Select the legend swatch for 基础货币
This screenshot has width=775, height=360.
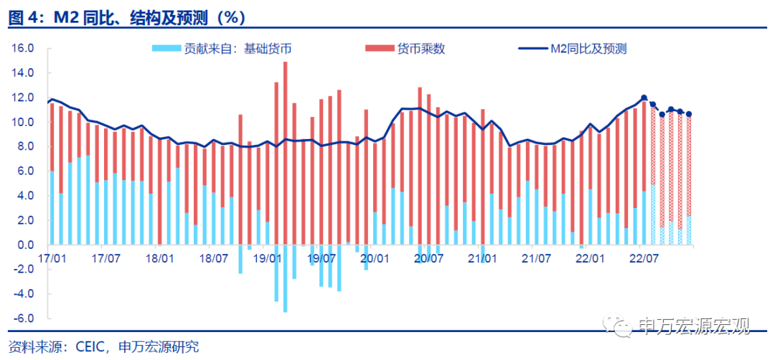(x=166, y=49)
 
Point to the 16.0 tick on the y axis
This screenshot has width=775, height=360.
(x=24, y=49)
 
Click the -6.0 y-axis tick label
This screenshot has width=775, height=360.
(x=24, y=318)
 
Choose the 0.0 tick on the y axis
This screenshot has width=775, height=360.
(x=26, y=245)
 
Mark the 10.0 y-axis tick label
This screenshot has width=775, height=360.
(x=24, y=123)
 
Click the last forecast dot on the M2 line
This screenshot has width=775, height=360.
(x=689, y=114)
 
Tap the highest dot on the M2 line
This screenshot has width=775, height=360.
(x=644, y=98)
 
